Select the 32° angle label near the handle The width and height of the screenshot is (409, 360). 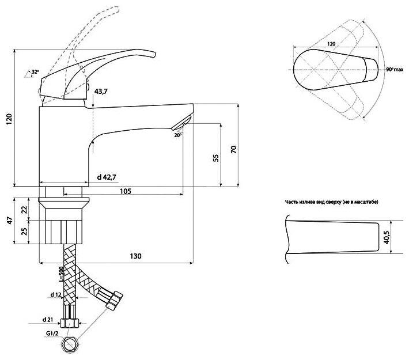[35, 71]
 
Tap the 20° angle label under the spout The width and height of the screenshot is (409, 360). [177, 135]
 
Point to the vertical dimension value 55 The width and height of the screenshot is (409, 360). [215, 158]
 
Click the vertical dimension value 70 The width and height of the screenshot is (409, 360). [233, 150]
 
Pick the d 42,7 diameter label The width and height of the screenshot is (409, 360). [108, 177]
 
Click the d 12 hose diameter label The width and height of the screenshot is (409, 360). [56, 295]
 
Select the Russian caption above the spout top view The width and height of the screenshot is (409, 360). [331, 202]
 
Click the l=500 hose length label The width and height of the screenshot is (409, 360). [60, 274]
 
